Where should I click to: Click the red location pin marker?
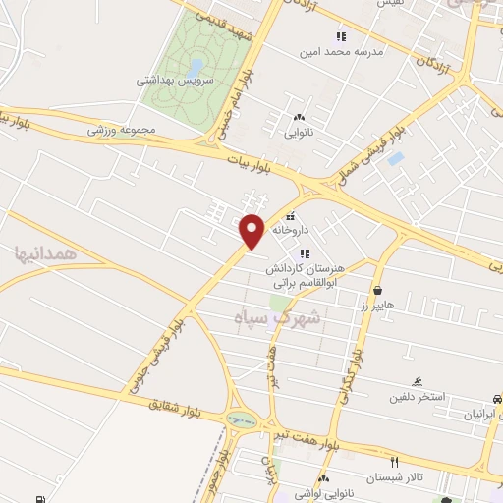point(252,230)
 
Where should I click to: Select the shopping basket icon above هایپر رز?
point(379,289)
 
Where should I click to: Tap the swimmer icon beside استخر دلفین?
point(418,381)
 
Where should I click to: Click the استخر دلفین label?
point(418,397)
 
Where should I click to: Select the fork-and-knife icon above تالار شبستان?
point(394,461)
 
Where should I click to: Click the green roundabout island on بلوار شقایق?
point(238,420)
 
